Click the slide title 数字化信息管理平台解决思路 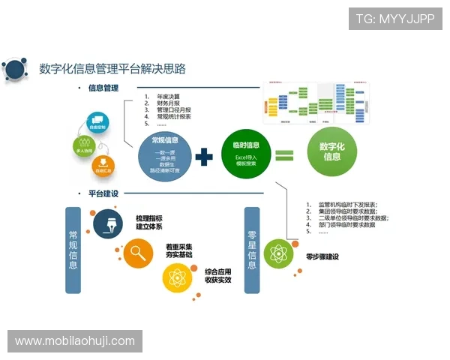(x=112, y=68)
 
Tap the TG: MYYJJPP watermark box (x=395, y=19)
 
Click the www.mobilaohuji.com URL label (x=75, y=341)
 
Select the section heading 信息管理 (x=103, y=88)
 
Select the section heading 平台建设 (x=103, y=193)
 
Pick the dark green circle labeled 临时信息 (x=247, y=153)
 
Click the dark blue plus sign (x=205, y=157)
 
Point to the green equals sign (x=284, y=156)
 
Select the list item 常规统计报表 (x=174, y=117)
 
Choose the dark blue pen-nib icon (x=106, y=222)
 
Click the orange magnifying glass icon (x=138, y=252)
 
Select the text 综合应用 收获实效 (x=217, y=274)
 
